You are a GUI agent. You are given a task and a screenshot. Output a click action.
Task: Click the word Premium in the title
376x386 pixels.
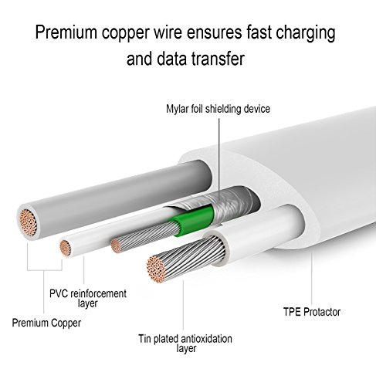(x=66, y=32)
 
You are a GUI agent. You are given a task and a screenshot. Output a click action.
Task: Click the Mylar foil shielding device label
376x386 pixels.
(x=218, y=109)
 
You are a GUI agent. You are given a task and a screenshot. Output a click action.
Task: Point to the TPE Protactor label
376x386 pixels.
(x=312, y=312)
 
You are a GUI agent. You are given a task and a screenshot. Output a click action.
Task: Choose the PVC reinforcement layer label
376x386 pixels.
(x=88, y=298)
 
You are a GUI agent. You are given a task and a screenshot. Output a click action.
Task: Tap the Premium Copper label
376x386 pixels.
(x=46, y=323)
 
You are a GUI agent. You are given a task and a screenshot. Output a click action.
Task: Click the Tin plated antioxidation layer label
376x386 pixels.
(x=185, y=344)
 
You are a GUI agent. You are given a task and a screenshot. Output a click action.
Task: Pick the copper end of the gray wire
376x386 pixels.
(x=29, y=222)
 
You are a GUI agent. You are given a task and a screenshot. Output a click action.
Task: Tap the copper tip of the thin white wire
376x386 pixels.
(x=66, y=248)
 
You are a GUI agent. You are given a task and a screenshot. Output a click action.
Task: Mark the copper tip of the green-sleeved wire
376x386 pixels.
(x=116, y=245)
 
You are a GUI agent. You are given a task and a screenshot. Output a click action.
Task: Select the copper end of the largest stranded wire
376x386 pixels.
(x=156, y=269)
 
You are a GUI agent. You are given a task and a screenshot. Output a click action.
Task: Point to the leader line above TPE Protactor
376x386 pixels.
(x=311, y=279)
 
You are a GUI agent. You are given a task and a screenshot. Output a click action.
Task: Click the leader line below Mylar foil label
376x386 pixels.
(x=219, y=160)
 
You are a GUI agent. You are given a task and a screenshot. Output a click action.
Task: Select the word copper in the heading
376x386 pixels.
(x=125, y=34)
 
